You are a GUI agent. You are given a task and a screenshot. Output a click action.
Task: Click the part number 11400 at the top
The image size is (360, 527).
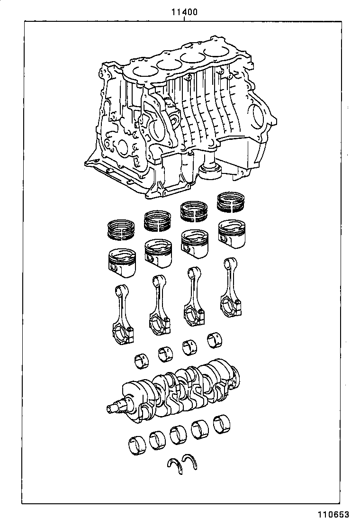tap(184, 12)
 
